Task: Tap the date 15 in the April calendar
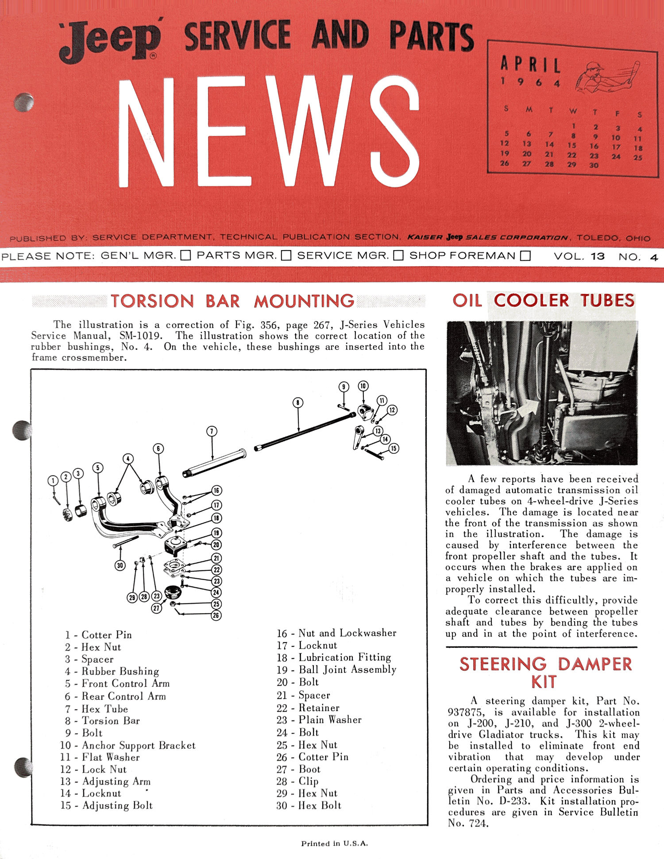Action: coord(572,145)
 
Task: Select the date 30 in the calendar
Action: coord(594,165)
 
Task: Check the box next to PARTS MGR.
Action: coord(286,255)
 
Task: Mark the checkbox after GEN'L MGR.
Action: coord(186,255)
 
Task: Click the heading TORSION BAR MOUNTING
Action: coord(232,301)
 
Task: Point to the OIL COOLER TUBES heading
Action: coord(544,301)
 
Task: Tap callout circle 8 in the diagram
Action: coord(298,402)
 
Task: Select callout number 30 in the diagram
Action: coord(120,565)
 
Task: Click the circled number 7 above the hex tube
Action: coord(212,431)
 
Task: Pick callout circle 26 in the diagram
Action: coord(216,615)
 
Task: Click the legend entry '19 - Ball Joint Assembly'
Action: coord(336,669)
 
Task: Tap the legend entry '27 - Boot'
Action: coord(298,769)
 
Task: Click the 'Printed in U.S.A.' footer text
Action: coord(334,844)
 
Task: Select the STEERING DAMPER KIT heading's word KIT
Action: coord(544,682)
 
